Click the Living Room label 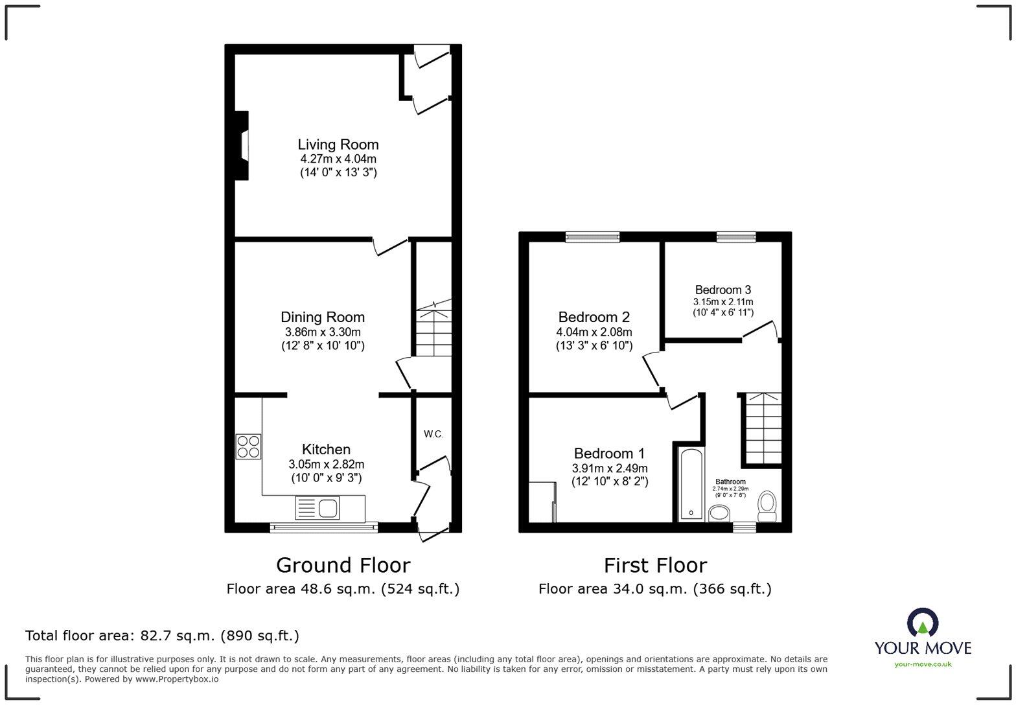coord(338,144)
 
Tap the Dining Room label coord(322,317)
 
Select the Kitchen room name coord(326,449)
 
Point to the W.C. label coord(433,433)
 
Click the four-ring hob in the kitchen coord(249,446)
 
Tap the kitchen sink coord(317,508)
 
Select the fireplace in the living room coord(242,145)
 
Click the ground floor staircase coord(433,330)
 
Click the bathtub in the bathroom coord(691,484)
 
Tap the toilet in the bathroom coord(767,505)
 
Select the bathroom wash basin coord(719,514)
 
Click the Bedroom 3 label coord(722,290)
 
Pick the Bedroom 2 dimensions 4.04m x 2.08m coord(594,332)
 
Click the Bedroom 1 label coord(609,453)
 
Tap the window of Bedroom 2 coord(592,237)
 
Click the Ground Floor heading coord(343,565)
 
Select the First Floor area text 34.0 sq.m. coord(654,589)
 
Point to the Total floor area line coord(162,636)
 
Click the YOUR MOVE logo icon coord(922,623)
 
